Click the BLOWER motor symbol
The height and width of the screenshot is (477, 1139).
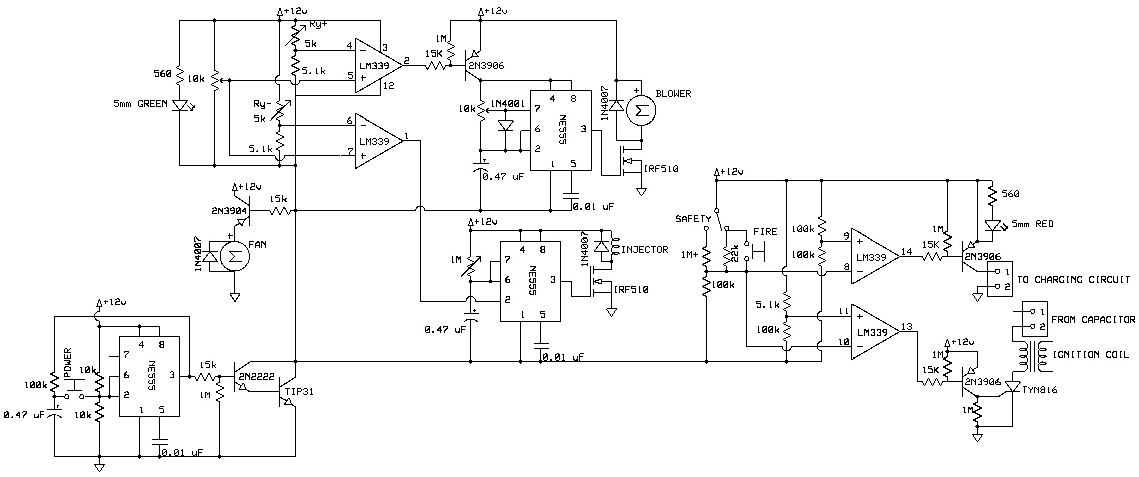pyautogui.click(x=641, y=111)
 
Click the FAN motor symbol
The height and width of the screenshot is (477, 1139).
pyautogui.click(x=233, y=256)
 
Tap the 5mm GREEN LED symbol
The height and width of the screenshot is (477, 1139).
pyautogui.click(x=179, y=105)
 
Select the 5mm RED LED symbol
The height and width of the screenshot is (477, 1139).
pyautogui.click(x=992, y=225)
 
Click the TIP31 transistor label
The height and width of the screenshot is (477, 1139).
pyautogui.click(x=299, y=391)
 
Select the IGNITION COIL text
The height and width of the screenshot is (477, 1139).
pyautogui.click(x=1090, y=354)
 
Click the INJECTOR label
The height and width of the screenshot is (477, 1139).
pyautogui.click(x=645, y=249)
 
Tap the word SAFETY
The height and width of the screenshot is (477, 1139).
pyautogui.click(x=693, y=219)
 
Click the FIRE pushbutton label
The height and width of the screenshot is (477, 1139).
pyautogui.click(x=765, y=231)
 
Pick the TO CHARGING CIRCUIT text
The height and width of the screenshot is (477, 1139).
pyautogui.click(x=1074, y=279)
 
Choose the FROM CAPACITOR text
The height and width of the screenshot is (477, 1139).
pyautogui.click(x=1093, y=319)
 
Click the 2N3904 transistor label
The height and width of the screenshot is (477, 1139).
pyautogui.click(x=229, y=211)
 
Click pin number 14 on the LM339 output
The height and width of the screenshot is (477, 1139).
pyautogui.click(x=906, y=252)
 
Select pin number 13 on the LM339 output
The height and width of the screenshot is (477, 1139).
pyautogui.click(x=906, y=327)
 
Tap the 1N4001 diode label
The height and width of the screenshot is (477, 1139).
pyautogui.click(x=508, y=104)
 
